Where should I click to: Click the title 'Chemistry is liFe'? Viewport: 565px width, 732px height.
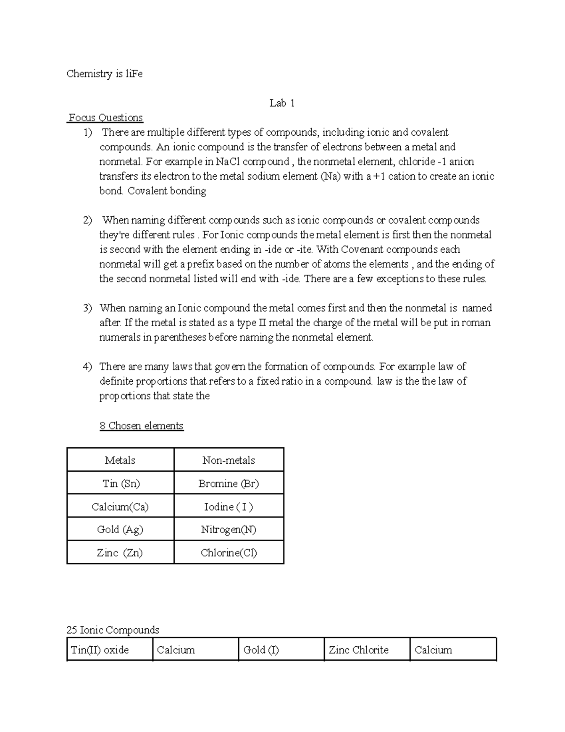[x=104, y=74]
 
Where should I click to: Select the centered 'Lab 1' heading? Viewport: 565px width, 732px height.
[x=282, y=103]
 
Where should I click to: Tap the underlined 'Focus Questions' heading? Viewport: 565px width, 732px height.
[x=106, y=118]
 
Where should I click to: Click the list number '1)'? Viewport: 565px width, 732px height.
[x=88, y=132]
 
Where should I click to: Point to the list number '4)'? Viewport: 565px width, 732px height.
[x=88, y=367]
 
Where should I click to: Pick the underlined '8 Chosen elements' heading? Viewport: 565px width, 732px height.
[x=141, y=426]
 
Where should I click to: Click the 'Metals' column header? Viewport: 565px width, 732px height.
[x=120, y=460]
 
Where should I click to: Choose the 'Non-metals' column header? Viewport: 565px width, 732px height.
[x=229, y=460]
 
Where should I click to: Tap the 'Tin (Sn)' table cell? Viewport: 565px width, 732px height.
[x=121, y=483]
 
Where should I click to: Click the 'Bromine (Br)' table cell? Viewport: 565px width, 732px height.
[x=229, y=483]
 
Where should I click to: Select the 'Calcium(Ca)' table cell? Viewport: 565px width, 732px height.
[x=120, y=507]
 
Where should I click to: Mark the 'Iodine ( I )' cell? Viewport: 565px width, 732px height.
[x=229, y=507]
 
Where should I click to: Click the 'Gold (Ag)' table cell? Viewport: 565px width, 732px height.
[x=120, y=529]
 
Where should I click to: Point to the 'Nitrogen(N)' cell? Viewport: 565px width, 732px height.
[x=229, y=529]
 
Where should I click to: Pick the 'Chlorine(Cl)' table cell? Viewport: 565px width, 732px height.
[x=229, y=552]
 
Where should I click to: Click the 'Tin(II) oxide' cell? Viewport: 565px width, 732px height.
[x=100, y=650]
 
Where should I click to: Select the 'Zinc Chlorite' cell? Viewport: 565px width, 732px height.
[x=359, y=650]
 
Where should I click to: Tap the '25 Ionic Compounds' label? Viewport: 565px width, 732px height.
[x=113, y=630]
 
